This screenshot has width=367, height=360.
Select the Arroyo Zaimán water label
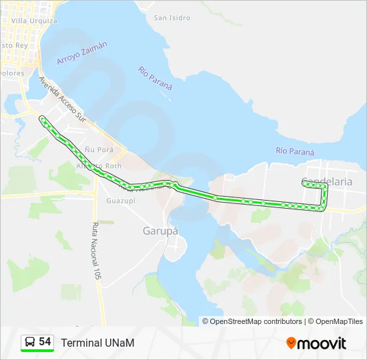pos(82,53)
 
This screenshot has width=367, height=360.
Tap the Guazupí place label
pos(121,200)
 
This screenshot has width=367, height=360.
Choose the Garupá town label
pos(160,231)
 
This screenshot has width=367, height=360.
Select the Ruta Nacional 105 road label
pos(96,254)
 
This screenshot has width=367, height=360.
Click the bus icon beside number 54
pos(30,342)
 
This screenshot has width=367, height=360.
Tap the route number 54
pos(45,341)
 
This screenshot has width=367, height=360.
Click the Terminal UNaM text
pos(97,343)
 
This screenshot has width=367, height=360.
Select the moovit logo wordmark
pos(322,343)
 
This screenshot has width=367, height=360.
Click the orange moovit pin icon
pos(291,343)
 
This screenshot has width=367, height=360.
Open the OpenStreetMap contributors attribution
pos(256,321)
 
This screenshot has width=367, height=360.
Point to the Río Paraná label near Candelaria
pos(295,152)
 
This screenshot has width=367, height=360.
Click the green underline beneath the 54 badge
pos(37,351)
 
